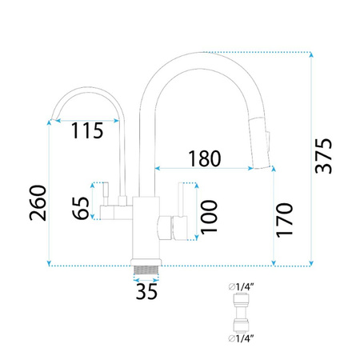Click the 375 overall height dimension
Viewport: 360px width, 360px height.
click(x=323, y=156)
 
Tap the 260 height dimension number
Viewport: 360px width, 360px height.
click(x=38, y=203)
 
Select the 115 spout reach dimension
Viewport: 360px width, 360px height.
click(x=87, y=130)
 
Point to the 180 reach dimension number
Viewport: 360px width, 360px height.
click(x=205, y=158)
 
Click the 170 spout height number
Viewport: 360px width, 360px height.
click(x=284, y=220)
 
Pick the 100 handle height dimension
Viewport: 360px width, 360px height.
click(x=209, y=218)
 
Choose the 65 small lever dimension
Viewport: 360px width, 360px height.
click(x=81, y=208)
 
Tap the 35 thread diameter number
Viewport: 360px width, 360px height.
click(x=146, y=291)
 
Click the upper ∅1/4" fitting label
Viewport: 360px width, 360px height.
click(x=241, y=287)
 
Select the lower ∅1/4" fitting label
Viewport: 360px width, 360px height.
click(x=241, y=338)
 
